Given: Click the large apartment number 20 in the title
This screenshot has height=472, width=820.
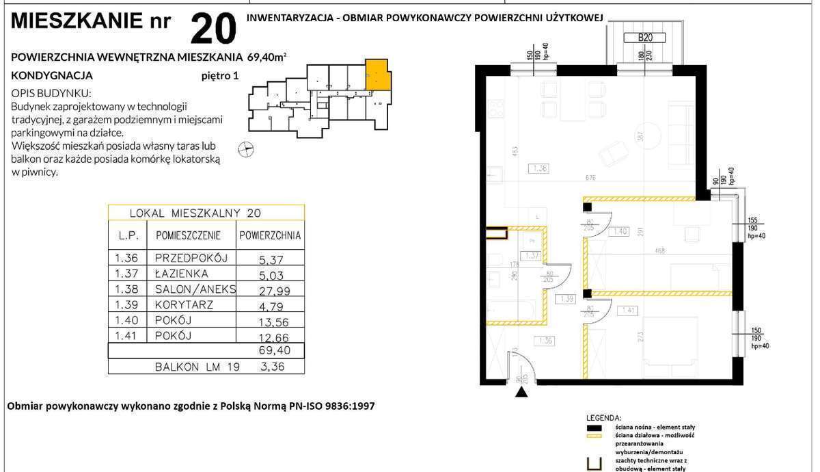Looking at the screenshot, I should pos(213,28).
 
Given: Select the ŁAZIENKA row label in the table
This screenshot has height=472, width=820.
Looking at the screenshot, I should pos(182,274).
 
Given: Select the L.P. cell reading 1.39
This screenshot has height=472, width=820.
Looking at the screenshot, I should pos(126,304).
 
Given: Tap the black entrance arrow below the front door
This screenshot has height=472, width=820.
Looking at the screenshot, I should pos(523,393).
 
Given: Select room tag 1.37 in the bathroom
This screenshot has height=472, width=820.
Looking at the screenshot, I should pos(534,255).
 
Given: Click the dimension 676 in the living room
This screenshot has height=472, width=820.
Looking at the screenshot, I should pos(591,178).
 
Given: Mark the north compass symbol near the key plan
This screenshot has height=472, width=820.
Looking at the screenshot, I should pos(247,148).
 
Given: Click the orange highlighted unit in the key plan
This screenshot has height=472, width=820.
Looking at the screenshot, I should pos(379,75).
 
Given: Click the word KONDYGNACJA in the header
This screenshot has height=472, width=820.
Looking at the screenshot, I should pos(53,76).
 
